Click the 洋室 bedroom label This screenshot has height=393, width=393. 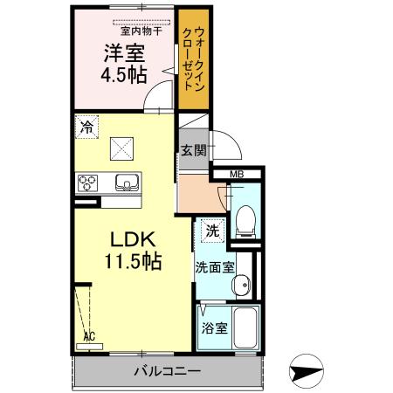coord(124,52)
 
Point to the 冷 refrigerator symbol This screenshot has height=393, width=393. coord(86,128)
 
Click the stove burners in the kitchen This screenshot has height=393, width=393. coord(88,183)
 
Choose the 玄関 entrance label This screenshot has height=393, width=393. coord(194,150)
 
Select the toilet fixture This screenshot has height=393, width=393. coord(245,218)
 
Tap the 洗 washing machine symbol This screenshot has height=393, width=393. coord(212,231)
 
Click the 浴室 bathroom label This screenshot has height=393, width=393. coord(215,329)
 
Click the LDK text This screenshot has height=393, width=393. coord(132,238)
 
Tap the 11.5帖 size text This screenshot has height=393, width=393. coord(133,261)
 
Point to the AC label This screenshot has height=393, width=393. coord(88,334)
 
